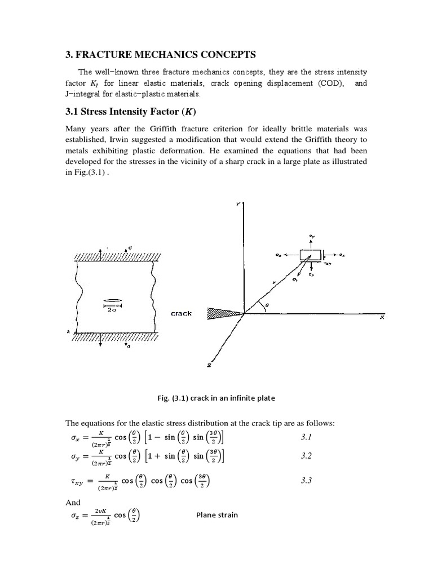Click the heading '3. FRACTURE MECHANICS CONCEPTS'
[x=161, y=55]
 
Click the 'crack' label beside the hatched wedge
[x=181, y=313]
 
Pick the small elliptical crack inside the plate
[x=113, y=300]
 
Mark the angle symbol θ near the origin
[x=267, y=303]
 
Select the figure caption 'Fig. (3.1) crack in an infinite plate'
[x=216, y=398]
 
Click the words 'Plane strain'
[x=217, y=514]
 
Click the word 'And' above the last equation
[x=73, y=502]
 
